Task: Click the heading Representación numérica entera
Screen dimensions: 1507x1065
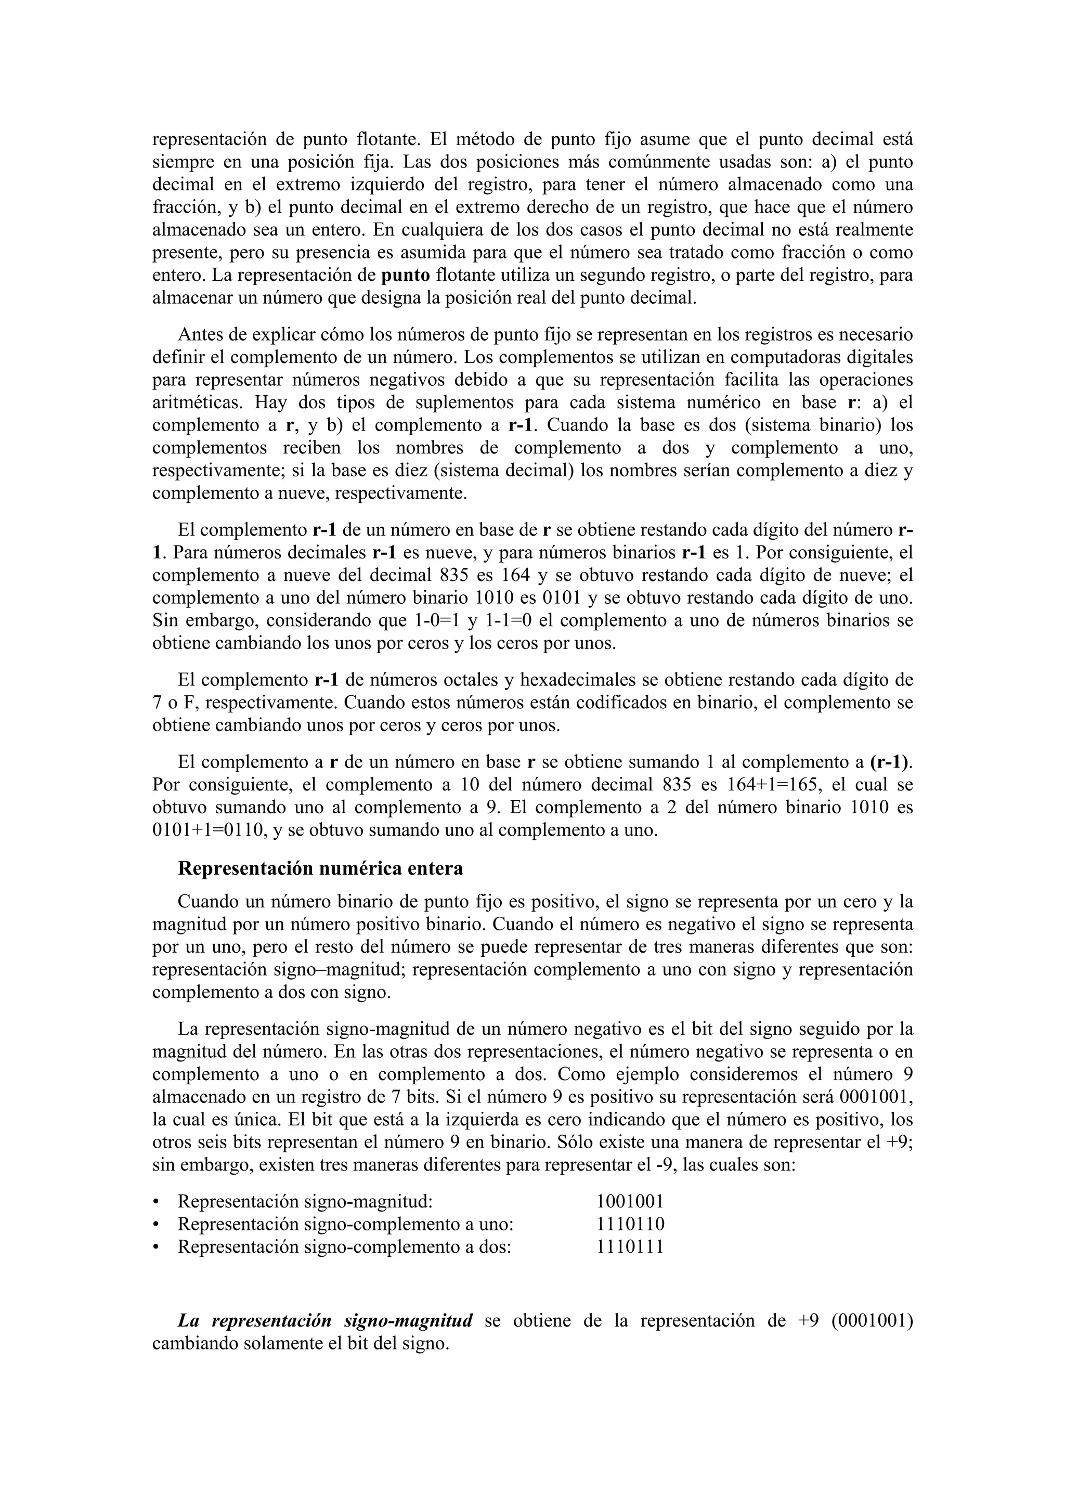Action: click(320, 868)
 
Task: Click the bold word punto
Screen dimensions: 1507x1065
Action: click(406, 275)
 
